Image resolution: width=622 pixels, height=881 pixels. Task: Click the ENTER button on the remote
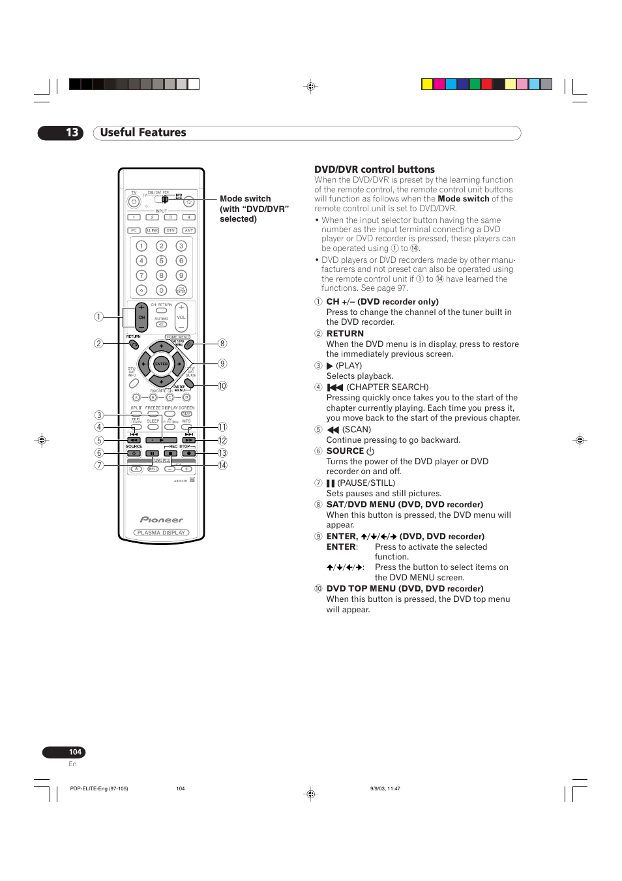pyautogui.click(x=161, y=364)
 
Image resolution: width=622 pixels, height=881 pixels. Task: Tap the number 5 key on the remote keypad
pyautogui.click(x=161, y=261)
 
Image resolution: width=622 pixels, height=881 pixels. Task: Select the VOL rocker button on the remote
pyautogui.click(x=181, y=317)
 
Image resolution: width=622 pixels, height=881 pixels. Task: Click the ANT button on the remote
pyautogui.click(x=188, y=230)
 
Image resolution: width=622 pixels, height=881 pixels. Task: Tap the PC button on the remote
pyautogui.click(x=134, y=230)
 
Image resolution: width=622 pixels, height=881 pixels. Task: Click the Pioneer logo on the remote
pyautogui.click(x=162, y=520)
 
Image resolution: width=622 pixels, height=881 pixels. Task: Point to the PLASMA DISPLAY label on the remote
pyautogui.click(x=162, y=533)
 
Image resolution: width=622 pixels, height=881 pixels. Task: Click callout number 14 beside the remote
pyautogui.click(x=222, y=466)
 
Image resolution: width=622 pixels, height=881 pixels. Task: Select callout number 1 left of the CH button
pyautogui.click(x=98, y=317)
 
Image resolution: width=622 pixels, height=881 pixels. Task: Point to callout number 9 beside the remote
pyautogui.click(x=222, y=364)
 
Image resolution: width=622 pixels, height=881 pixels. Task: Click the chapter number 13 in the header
pyautogui.click(x=72, y=133)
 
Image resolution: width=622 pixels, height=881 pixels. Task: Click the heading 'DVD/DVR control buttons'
pyautogui.click(x=374, y=170)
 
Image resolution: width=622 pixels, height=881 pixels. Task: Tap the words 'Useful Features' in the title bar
pyautogui.click(x=143, y=133)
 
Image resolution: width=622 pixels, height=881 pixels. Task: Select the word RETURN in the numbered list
pyautogui.click(x=345, y=334)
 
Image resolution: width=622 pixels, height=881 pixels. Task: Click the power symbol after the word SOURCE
pyautogui.click(x=370, y=451)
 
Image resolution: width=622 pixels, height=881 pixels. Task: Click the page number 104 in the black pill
pyautogui.click(x=75, y=752)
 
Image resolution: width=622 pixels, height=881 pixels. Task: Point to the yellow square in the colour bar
pyautogui.click(x=427, y=84)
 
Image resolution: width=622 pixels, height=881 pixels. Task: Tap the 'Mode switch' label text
pyautogui.click(x=245, y=199)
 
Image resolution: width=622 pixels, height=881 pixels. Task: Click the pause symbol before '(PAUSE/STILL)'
pyautogui.click(x=331, y=483)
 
